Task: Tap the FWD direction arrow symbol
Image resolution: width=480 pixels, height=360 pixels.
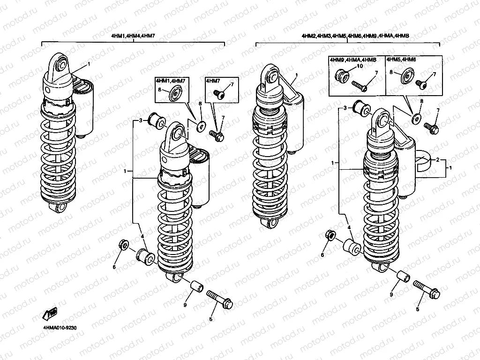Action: tap(48, 313)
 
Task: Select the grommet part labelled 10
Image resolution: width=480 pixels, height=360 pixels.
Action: tap(342, 75)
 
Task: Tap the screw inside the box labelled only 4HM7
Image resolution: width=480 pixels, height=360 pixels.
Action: tap(220, 94)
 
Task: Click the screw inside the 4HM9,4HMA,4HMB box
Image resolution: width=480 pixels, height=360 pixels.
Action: tap(359, 87)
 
